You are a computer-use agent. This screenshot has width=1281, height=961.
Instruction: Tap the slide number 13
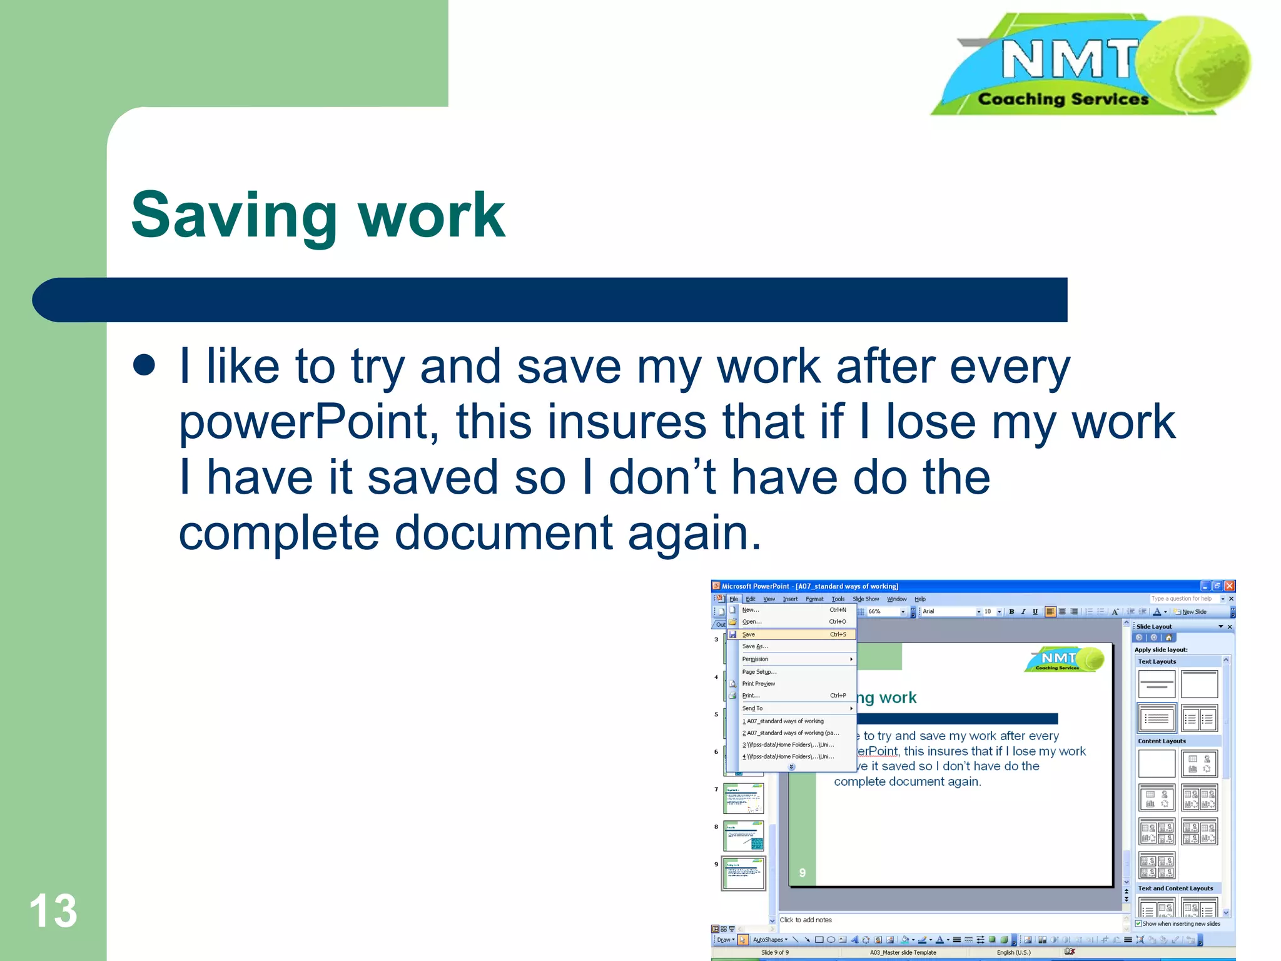53,911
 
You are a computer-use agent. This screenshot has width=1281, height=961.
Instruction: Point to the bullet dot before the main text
144,365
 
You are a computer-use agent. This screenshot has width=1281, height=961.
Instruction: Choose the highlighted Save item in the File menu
749,634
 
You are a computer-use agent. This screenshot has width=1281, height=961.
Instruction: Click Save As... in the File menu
755,646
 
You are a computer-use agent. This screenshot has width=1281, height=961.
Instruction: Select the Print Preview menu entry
758,684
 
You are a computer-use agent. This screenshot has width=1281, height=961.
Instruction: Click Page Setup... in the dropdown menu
759,672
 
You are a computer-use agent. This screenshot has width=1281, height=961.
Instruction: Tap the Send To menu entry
752,708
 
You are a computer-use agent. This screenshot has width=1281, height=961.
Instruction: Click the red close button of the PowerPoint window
1229,586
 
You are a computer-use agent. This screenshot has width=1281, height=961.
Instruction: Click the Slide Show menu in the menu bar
866,599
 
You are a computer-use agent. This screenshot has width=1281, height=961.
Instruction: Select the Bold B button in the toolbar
1011,612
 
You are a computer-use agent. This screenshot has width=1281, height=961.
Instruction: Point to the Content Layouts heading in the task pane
1162,741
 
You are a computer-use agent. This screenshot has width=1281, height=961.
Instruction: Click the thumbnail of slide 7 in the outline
744,798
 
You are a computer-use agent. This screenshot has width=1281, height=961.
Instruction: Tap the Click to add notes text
806,920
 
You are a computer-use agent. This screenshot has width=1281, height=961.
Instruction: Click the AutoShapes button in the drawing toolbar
769,940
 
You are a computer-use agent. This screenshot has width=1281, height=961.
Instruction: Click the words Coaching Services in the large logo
1063,99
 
